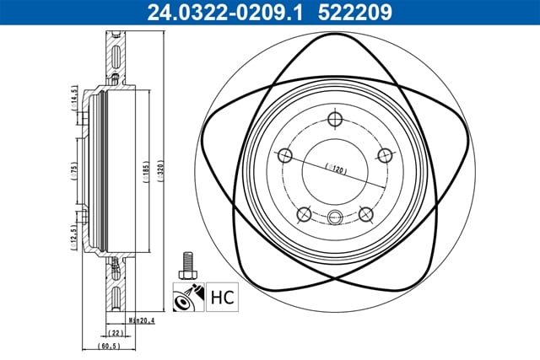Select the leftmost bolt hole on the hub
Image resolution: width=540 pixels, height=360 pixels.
(x=284, y=155)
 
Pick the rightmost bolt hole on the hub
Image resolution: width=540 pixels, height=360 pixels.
(x=386, y=154)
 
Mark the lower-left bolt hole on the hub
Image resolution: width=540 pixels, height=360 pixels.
(x=304, y=214)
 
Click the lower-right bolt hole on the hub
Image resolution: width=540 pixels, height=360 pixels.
(x=366, y=214)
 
